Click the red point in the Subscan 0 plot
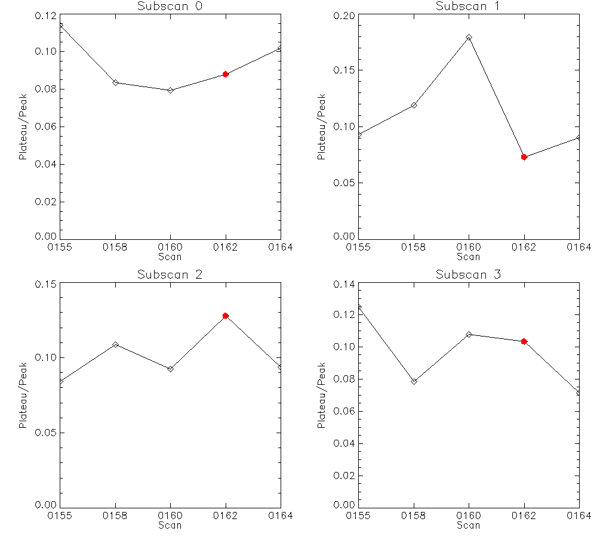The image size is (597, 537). (x=226, y=74)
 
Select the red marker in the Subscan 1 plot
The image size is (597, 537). (x=524, y=157)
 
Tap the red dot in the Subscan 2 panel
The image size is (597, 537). (x=226, y=316)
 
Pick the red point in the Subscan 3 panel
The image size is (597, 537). (x=524, y=341)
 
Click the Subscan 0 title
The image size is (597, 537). (x=170, y=7)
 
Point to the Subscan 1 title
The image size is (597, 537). (x=469, y=7)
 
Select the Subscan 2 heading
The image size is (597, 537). (x=170, y=275)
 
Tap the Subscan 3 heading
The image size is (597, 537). (x=469, y=275)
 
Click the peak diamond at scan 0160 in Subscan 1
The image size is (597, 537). (x=469, y=38)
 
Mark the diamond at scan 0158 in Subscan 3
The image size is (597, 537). (x=414, y=381)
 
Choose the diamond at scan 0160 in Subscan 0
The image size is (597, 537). (x=170, y=90)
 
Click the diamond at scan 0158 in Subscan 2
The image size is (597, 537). (x=115, y=344)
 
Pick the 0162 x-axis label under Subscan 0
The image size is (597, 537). (x=226, y=248)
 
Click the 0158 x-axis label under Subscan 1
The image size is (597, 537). (x=414, y=248)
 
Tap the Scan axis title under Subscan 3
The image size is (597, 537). (x=469, y=526)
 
